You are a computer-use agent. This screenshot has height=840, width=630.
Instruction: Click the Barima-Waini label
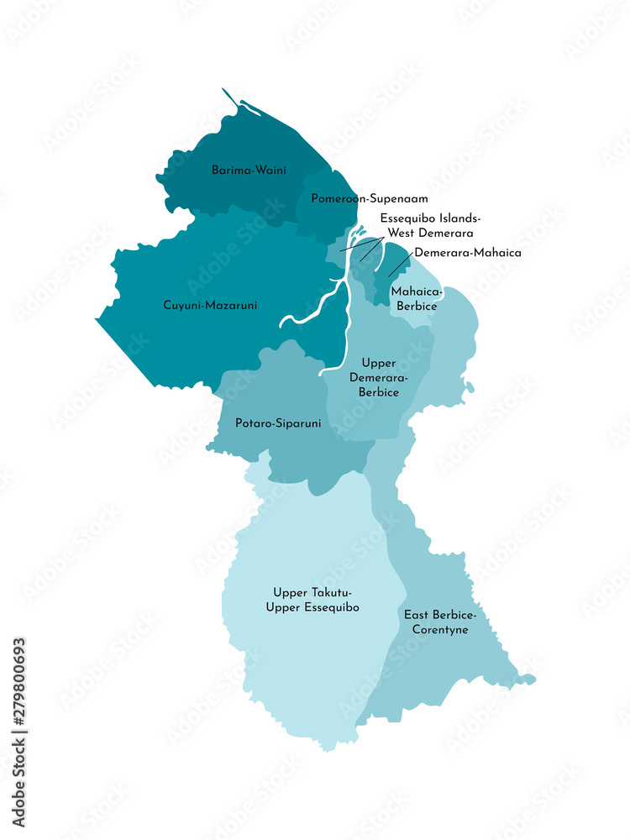coord(248,170)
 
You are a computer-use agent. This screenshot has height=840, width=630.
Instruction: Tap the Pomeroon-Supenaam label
coord(370,199)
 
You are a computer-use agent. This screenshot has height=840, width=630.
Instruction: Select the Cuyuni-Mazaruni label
coord(210,306)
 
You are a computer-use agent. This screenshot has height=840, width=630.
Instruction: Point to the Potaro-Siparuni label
coord(278,423)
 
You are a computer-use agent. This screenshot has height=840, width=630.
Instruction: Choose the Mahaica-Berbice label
coord(414,299)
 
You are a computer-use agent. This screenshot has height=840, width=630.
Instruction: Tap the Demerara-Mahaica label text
coord(468,252)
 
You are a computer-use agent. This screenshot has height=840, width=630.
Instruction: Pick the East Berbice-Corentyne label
coord(435,622)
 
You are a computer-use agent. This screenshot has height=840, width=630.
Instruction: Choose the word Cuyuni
coord(181,306)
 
